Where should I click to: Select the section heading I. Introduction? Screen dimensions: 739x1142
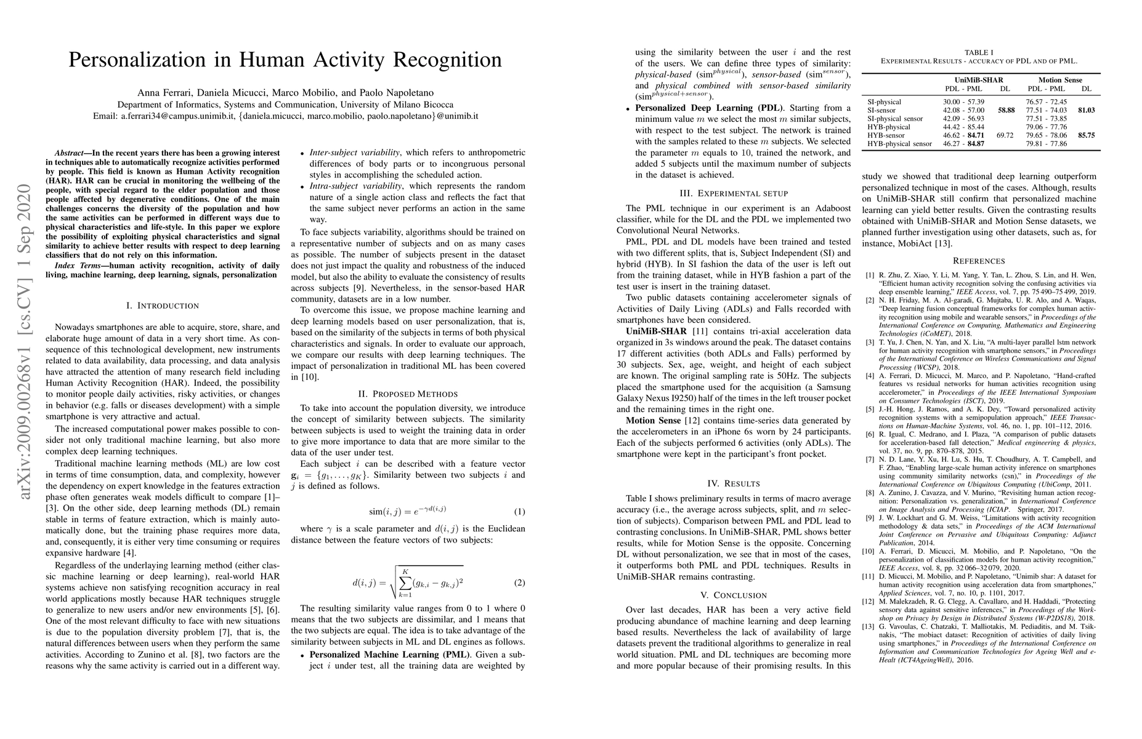162,305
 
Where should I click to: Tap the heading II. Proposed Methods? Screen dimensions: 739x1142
408,394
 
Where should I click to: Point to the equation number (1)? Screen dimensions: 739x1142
519,495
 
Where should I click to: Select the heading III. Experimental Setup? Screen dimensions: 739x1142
733,193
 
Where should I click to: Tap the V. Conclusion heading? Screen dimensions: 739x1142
733,595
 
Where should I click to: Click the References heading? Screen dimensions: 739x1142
979,260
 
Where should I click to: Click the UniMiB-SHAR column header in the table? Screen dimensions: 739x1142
979,80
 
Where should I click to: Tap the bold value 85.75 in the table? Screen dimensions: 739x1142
1087,135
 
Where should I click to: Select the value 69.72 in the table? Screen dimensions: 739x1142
1005,135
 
